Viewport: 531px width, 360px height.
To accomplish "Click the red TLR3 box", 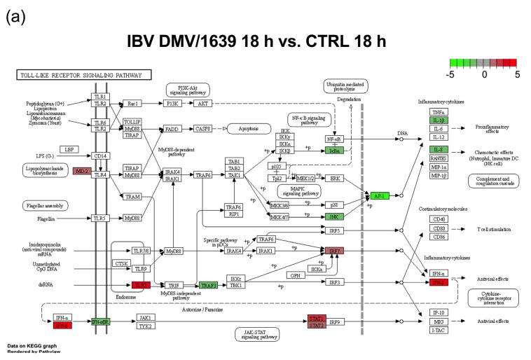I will (x=141, y=285).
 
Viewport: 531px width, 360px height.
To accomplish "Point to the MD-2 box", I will (x=83, y=172).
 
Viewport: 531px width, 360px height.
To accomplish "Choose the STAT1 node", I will (x=317, y=319).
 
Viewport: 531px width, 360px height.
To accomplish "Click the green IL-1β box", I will (x=439, y=120).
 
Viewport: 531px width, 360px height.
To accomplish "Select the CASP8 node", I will (x=203, y=129).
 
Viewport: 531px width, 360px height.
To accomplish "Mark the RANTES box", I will (x=439, y=158).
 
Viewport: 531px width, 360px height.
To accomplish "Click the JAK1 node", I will (x=146, y=317).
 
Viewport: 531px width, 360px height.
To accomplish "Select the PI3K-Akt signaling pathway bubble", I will (x=188, y=90).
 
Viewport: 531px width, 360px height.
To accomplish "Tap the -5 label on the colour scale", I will (x=453, y=72).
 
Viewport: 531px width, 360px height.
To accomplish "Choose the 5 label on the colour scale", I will (x=517, y=72).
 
